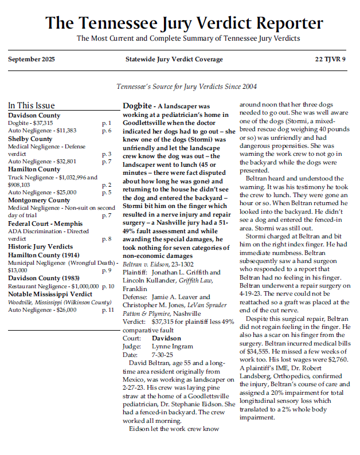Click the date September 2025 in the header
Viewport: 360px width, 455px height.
(x=32, y=59)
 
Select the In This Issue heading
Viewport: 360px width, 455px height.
(x=32, y=105)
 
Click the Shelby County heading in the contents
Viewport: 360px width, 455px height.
(x=30, y=139)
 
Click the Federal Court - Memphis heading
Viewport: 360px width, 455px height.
(x=45, y=223)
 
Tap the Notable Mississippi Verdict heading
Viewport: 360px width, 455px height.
(x=50, y=294)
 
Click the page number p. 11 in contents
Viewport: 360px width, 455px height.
(x=108, y=310)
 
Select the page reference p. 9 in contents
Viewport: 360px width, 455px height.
(x=107, y=270)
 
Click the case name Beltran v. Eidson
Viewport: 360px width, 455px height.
(x=146, y=265)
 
